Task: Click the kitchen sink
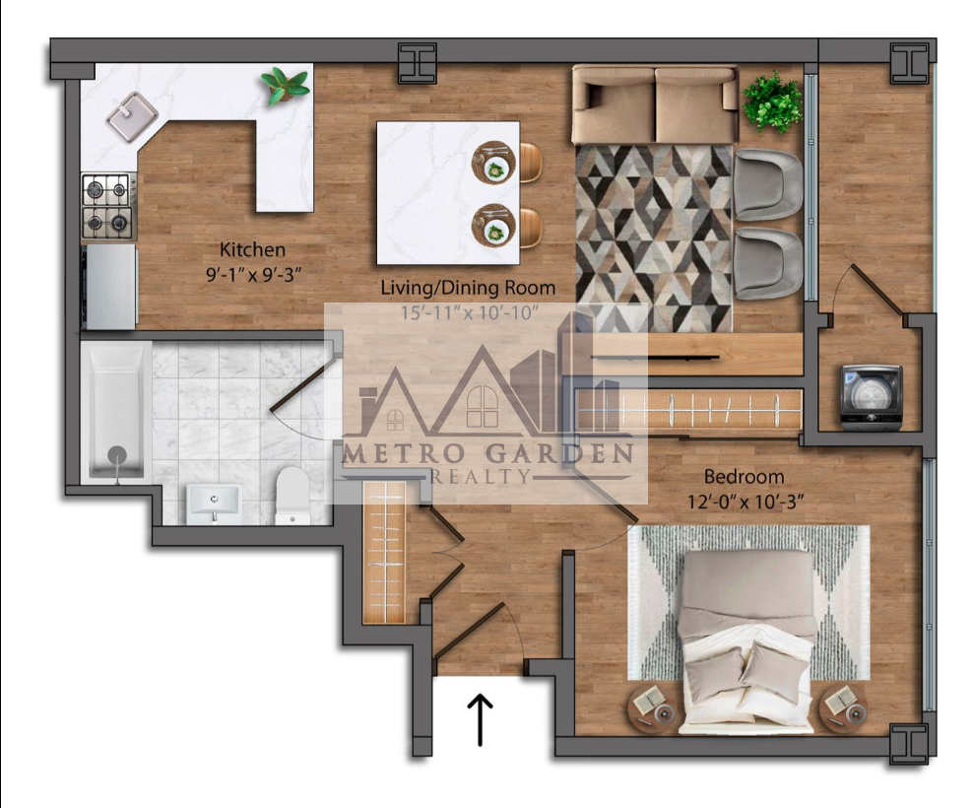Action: (132, 116)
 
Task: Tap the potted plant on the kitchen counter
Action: (285, 86)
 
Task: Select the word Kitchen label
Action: (252, 249)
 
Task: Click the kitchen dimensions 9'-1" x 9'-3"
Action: (253, 275)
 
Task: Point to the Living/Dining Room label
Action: (468, 288)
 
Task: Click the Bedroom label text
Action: (744, 477)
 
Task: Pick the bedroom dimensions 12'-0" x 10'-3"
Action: (746, 502)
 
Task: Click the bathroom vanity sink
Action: (214, 504)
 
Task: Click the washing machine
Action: (872, 397)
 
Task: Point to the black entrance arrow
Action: (480, 719)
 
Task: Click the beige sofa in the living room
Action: (655, 104)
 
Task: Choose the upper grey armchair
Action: (768, 184)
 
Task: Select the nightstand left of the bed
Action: (653, 708)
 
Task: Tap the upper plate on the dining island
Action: (494, 163)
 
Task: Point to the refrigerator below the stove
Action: (111, 287)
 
